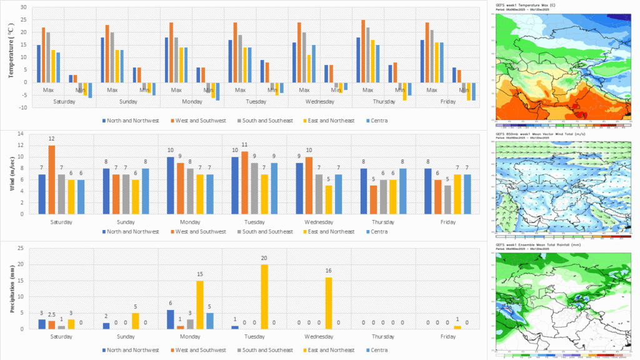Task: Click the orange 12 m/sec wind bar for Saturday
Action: click(x=51, y=179)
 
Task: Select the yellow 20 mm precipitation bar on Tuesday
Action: click(x=264, y=297)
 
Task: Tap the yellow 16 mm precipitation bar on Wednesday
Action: click(x=329, y=303)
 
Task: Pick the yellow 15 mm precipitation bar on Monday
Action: click(x=200, y=305)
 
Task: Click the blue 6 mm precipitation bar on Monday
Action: click(x=171, y=319)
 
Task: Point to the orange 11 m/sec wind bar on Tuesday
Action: click(x=245, y=182)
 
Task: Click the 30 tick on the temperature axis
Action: click(x=24, y=7)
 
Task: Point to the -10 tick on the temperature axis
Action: click(x=22, y=107)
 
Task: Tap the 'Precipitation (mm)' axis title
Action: click(x=11, y=289)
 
